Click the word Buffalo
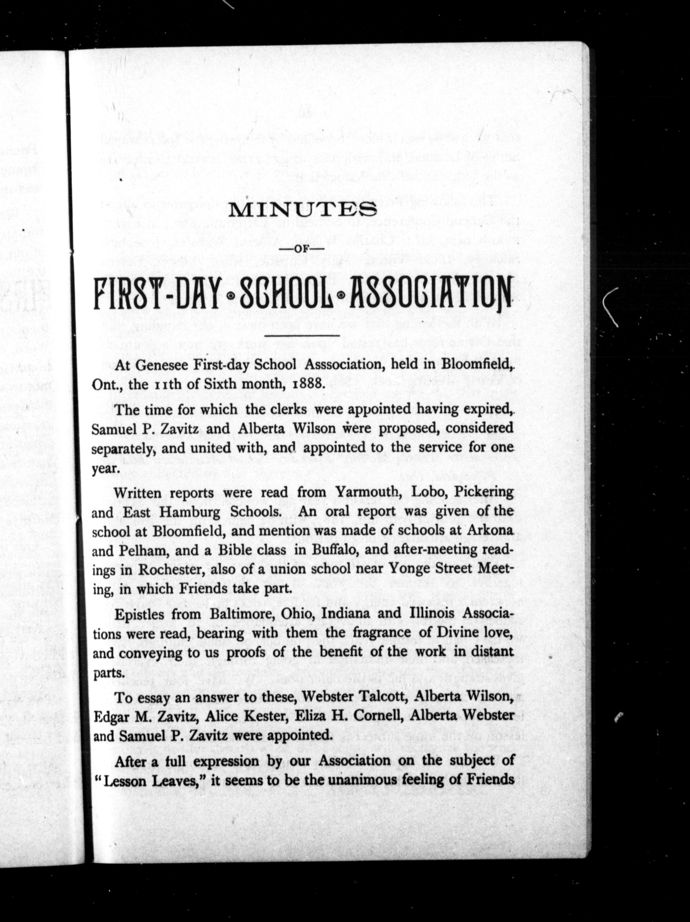(332, 550)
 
